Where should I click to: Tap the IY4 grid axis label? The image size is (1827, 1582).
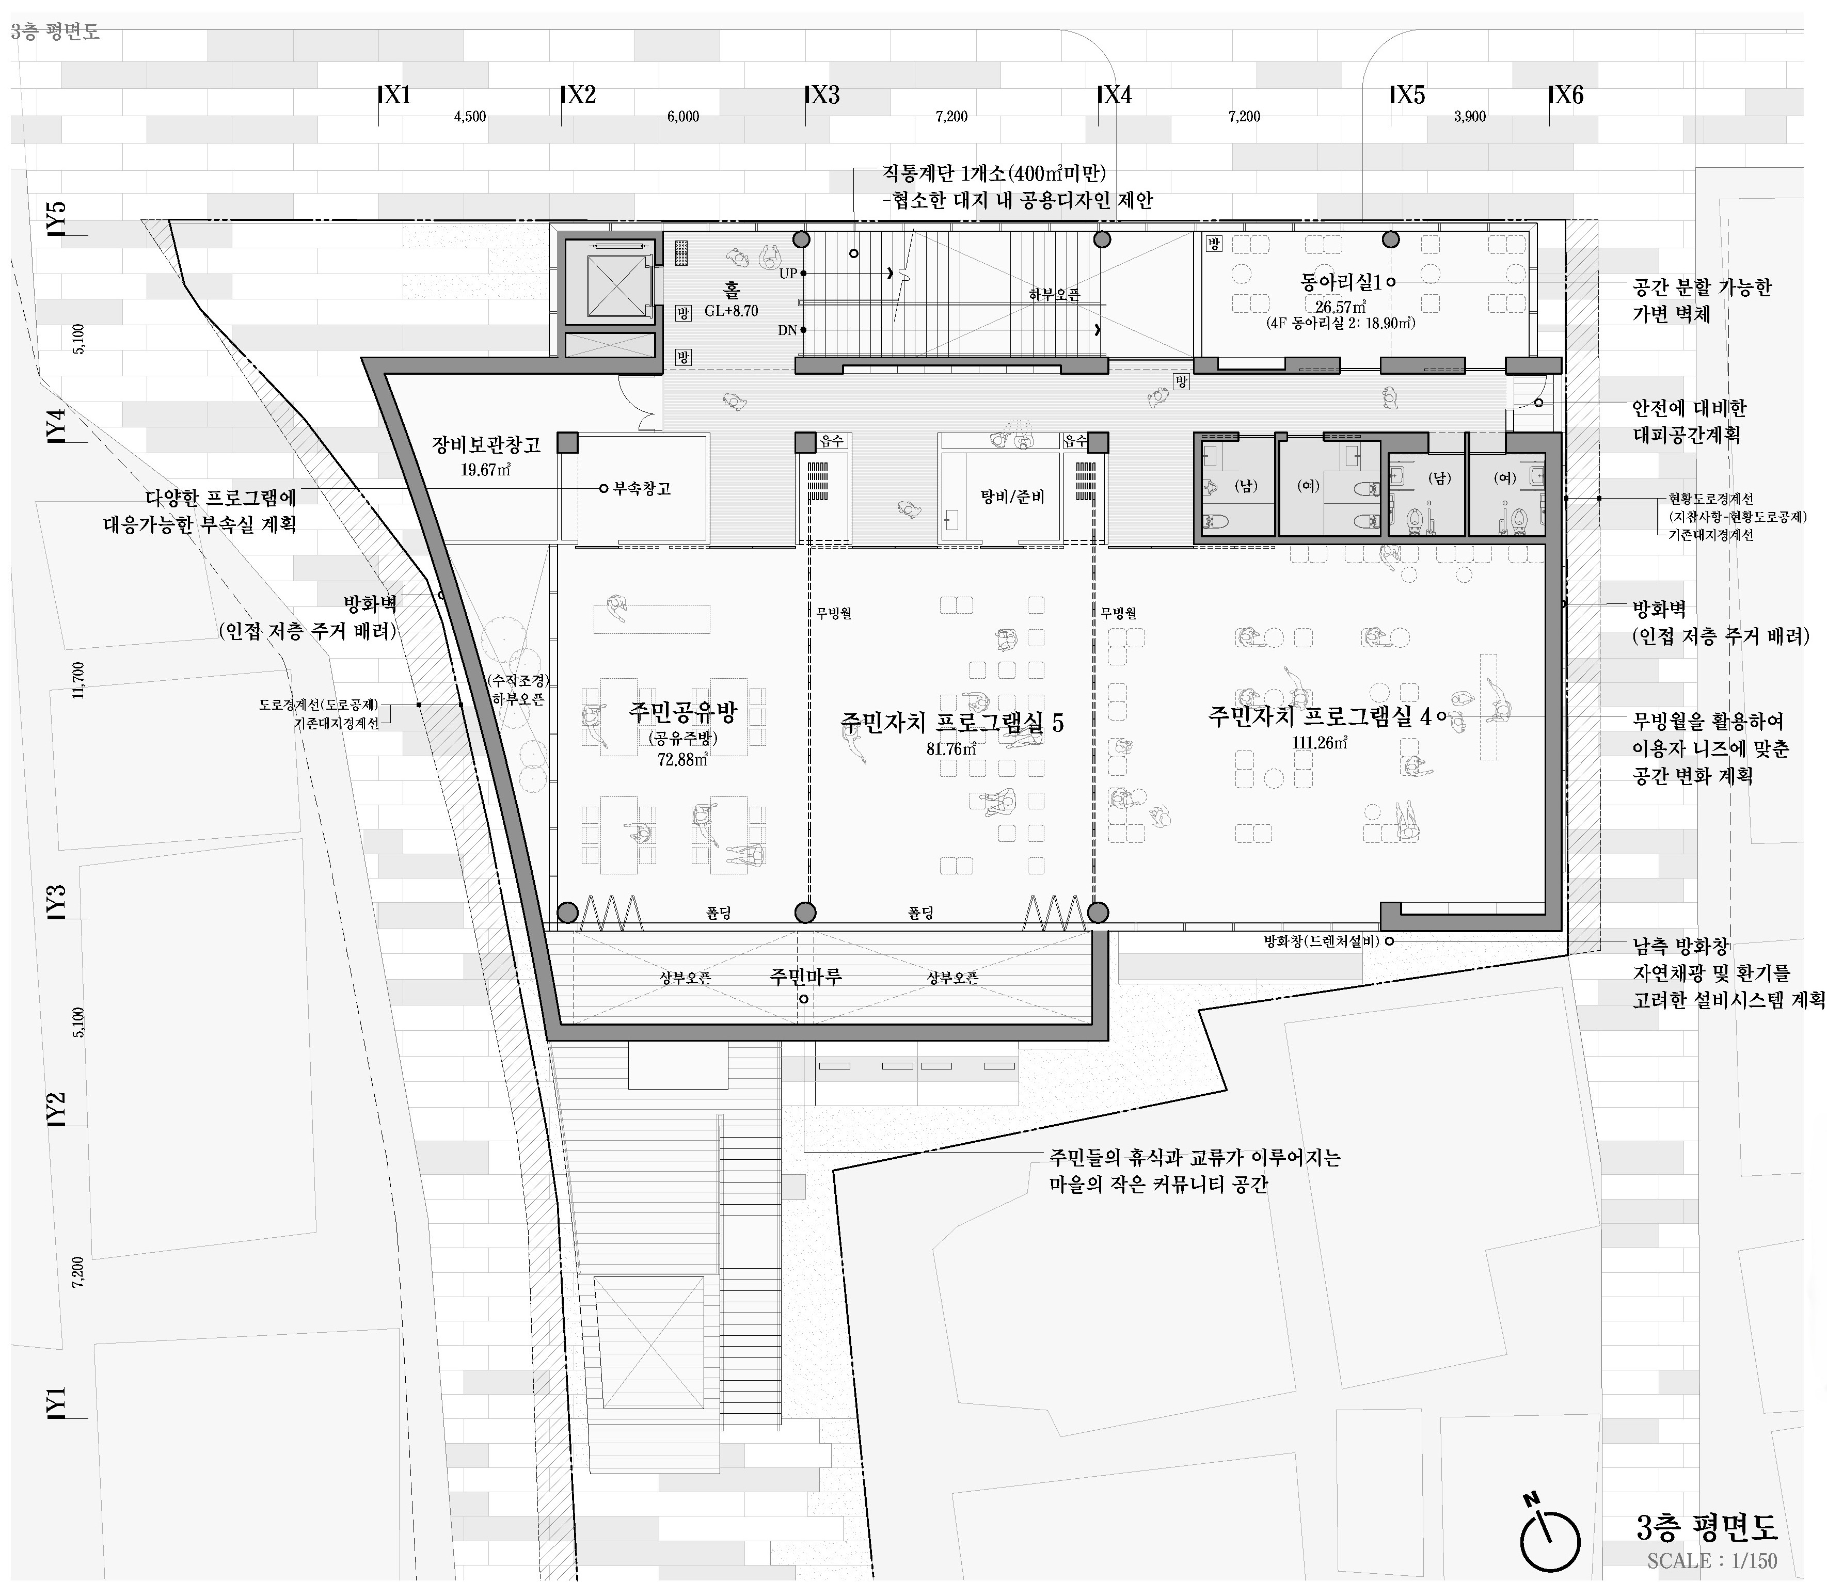pyautogui.click(x=56, y=425)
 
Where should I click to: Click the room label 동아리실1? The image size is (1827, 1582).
pyautogui.click(x=1341, y=282)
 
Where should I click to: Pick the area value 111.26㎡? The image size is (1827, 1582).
pyautogui.click(x=1319, y=742)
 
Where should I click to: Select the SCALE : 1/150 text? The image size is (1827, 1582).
pyautogui.click(x=1711, y=1561)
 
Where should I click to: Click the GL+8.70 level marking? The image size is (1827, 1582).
pyautogui.click(x=731, y=311)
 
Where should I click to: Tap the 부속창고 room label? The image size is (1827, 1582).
pyautogui.click(x=642, y=488)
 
